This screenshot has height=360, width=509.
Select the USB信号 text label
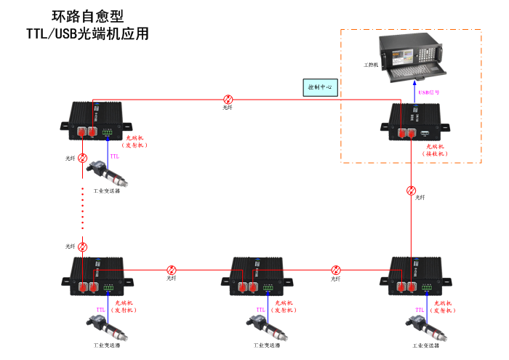428,93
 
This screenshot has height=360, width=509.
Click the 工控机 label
372,65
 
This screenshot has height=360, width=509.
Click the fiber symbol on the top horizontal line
228,99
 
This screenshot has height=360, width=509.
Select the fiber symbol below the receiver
412,191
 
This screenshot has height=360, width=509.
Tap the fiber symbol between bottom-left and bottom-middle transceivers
172,270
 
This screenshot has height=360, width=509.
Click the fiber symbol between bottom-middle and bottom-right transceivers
336,270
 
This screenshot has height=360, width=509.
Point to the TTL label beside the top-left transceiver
114,156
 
